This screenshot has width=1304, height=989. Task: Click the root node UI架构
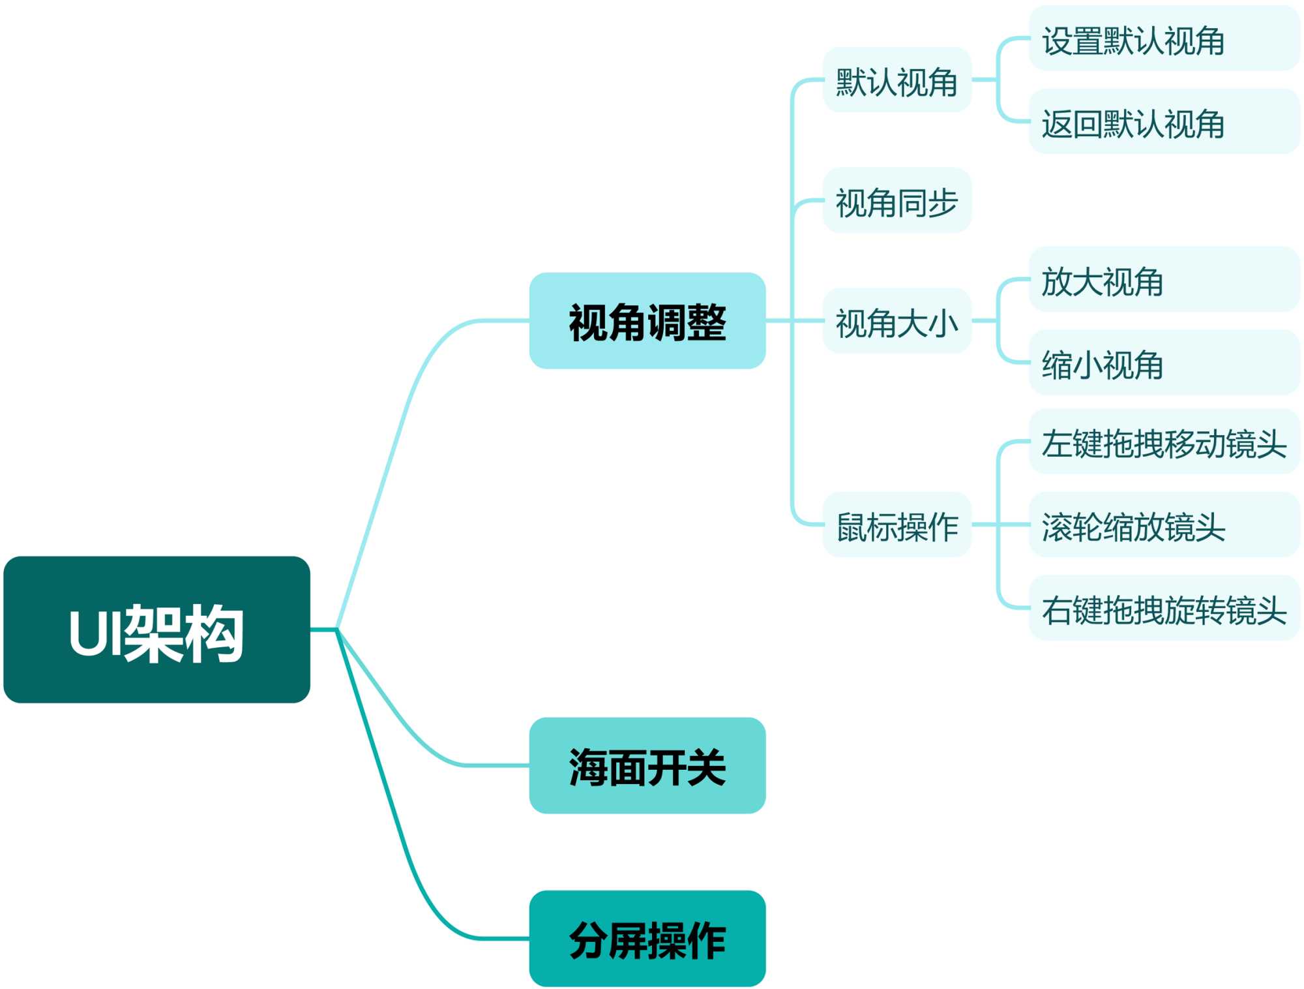(156, 630)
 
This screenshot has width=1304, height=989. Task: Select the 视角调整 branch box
(647, 321)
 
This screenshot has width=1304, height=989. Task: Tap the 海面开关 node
(647, 765)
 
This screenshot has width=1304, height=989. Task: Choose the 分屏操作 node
(647, 938)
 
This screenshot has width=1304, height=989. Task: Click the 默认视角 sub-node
(896, 80)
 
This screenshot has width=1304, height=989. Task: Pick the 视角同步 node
(896, 200)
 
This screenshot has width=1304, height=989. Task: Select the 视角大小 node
(896, 321)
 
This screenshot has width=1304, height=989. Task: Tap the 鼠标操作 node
(896, 525)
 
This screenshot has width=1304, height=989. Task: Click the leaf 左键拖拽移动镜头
(1164, 442)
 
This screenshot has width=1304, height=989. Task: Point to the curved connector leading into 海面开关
(404, 724)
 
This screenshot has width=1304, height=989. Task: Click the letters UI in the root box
(95, 633)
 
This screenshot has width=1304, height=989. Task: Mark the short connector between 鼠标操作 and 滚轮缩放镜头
(1001, 525)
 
